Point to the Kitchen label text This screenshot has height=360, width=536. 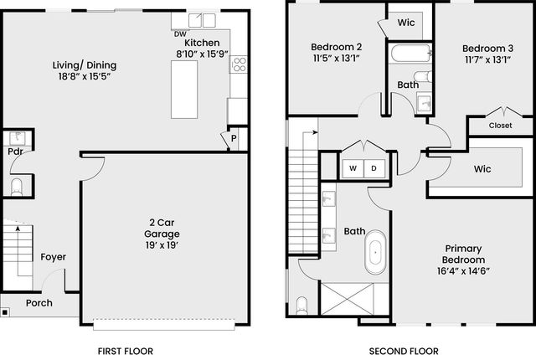(x=202, y=43)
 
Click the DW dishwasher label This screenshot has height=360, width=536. (x=179, y=34)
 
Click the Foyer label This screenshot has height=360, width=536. (x=53, y=257)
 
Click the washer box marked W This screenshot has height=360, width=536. (x=353, y=168)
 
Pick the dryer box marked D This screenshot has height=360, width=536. (x=374, y=168)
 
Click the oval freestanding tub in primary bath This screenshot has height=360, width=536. (x=374, y=255)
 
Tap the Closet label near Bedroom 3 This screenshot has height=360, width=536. (x=500, y=126)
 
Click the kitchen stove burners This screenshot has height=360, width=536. (x=240, y=64)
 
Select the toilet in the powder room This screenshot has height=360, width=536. (x=16, y=186)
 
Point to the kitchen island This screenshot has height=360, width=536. (x=184, y=89)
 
